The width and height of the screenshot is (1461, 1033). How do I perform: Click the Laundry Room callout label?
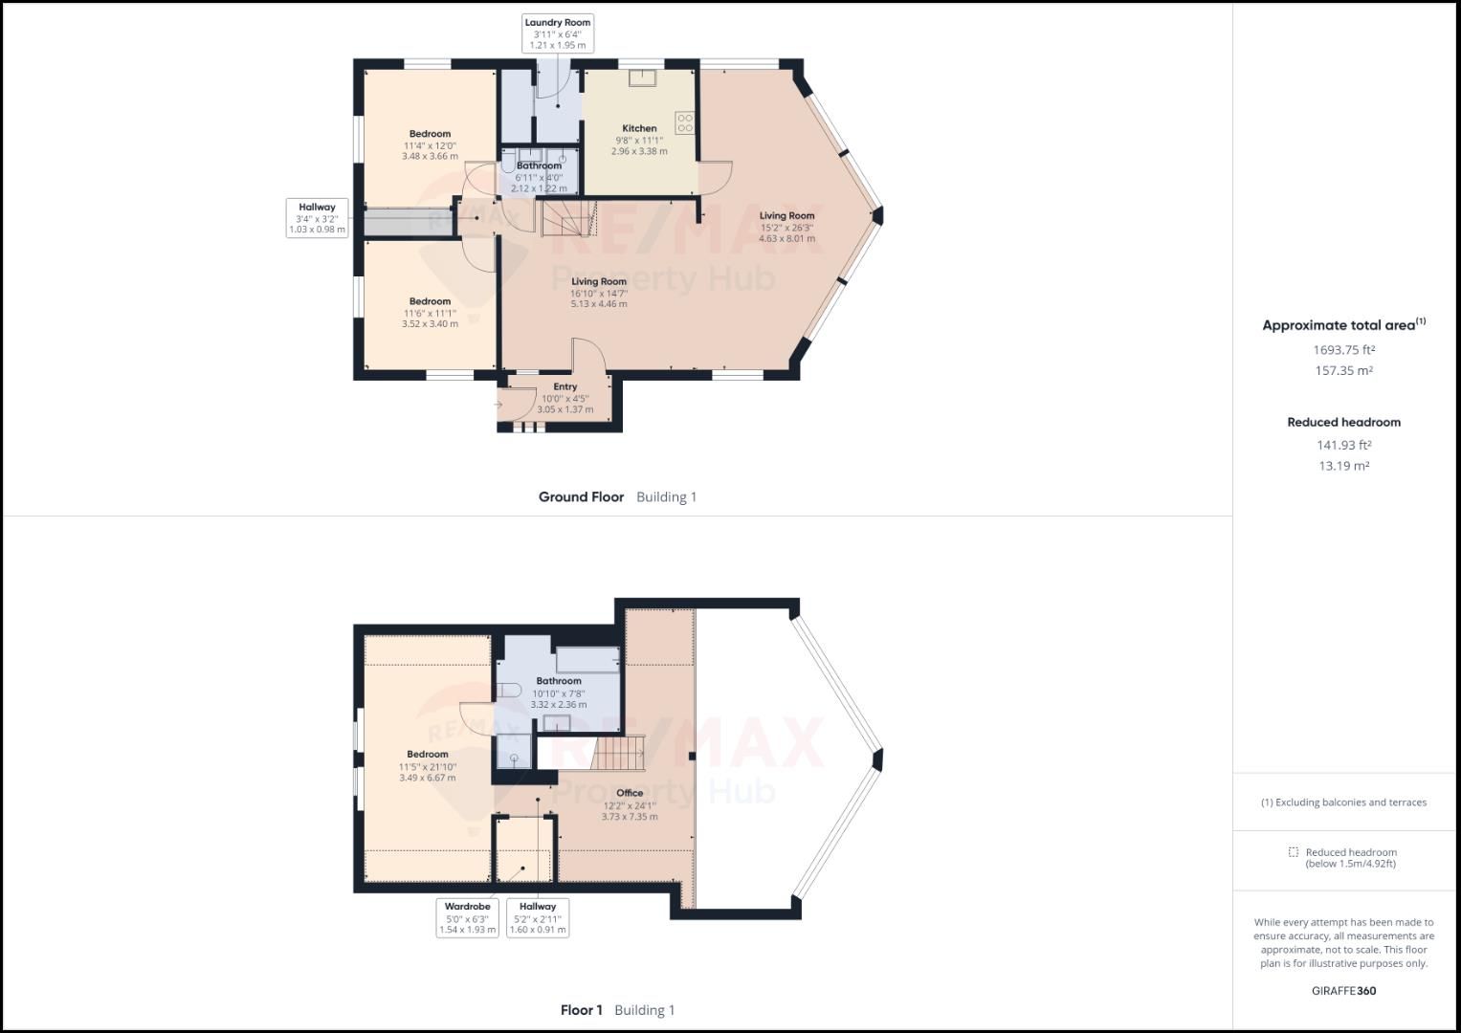click(x=557, y=33)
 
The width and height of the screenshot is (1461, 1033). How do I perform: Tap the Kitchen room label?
click(x=639, y=128)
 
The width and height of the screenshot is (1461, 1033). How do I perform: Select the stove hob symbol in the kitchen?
click(x=684, y=122)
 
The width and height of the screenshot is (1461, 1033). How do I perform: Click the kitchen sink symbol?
click(x=640, y=78)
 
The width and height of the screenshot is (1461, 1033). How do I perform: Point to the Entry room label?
click(x=564, y=387)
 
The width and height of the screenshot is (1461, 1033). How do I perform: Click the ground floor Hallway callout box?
click(x=317, y=218)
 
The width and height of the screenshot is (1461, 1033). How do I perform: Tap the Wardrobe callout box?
click(x=467, y=917)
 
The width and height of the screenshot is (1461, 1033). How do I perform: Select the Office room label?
click(x=630, y=793)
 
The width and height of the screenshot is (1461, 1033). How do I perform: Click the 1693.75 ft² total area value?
click(x=1343, y=350)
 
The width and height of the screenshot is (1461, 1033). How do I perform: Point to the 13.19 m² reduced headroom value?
click(x=1343, y=467)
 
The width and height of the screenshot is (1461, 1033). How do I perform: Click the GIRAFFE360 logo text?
click(x=1343, y=991)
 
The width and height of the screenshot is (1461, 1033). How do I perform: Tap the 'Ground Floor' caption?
click(x=581, y=497)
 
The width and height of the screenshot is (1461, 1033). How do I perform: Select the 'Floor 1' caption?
click(x=581, y=1010)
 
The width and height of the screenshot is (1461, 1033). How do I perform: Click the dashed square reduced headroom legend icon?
click(x=1293, y=852)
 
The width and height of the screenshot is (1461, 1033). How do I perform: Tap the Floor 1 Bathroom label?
click(x=559, y=681)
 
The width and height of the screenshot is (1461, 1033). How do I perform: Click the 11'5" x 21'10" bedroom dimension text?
click(x=428, y=767)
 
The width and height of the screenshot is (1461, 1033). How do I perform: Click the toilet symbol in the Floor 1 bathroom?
click(x=508, y=690)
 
